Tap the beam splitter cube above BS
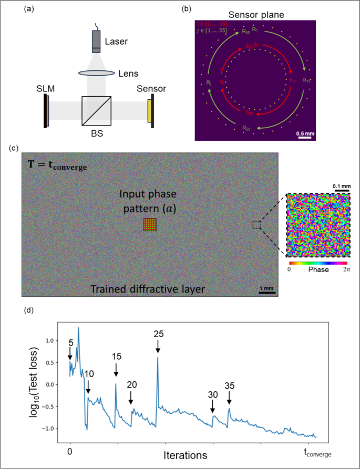96,111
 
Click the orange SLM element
47,111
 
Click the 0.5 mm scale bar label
305,133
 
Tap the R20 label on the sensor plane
246,128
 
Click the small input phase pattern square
150,225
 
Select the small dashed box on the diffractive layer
256,225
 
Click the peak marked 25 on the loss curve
158,357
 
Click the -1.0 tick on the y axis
50,429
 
